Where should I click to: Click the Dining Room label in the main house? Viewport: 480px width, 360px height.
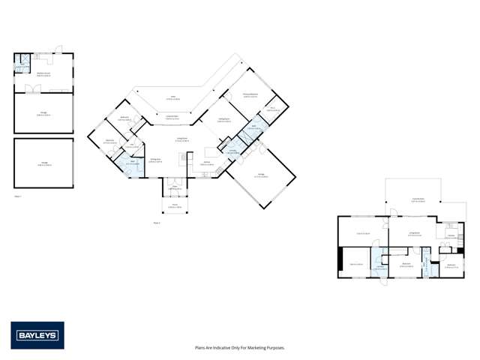[x=156, y=160]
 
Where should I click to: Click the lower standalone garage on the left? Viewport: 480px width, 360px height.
[x=43, y=163]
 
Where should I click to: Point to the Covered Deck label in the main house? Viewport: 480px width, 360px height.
[x=171, y=116]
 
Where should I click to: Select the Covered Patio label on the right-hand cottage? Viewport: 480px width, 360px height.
[x=413, y=199]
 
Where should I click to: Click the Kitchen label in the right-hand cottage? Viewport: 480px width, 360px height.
[x=451, y=236]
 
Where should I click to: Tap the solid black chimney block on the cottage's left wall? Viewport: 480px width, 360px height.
[x=340, y=256]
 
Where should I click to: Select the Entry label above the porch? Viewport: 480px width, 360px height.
[x=174, y=187]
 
